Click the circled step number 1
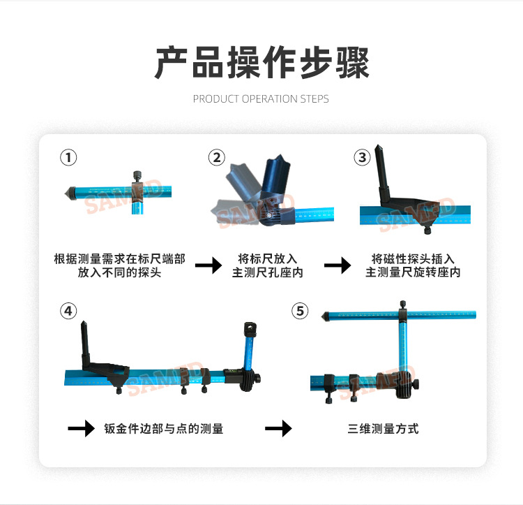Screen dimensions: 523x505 (x=68, y=158)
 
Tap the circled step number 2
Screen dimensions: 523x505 (x=217, y=158)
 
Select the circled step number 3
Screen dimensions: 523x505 (x=362, y=158)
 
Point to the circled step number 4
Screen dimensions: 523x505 (x=68, y=311)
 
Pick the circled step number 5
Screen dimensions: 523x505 (x=301, y=311)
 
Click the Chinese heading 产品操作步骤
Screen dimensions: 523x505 (x=261, y=63)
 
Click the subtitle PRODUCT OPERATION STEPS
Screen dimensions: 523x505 (x=261, y=99)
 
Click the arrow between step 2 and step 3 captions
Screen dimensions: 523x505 (x=338, y=265)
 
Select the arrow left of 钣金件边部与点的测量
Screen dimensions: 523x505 (x=81, y=428)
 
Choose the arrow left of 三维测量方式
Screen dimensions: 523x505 (x=278, y=428)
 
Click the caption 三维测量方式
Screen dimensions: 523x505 (x=384, y=429)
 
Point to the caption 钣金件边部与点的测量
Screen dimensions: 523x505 (x=164, y=429)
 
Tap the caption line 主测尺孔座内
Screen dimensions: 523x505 (x=268, y=272)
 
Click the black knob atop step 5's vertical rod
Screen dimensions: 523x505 (x=403, y=304)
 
